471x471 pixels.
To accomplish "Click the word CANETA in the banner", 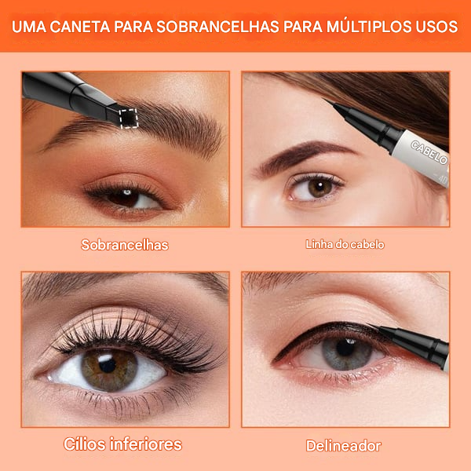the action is (x=80, y=27).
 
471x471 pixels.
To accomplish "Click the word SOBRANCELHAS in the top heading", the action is (x=217, y=27).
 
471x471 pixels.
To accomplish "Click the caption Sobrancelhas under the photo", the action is (x=125, y=245).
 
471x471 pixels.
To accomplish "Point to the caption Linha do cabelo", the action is (x=345, y=244).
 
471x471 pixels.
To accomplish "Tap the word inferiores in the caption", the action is (x=146, y=444).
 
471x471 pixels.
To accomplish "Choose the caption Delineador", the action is (x=343, y=446).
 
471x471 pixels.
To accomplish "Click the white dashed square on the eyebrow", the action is (x=129, y=119).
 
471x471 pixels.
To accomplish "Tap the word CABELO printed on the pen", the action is (x=429, y=152).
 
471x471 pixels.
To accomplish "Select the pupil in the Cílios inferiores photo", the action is (x=108, y=365).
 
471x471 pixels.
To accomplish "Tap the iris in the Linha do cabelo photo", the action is (x=320, y=187).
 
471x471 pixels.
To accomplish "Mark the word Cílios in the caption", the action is (x=85, y=444).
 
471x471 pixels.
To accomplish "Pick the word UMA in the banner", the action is (x=29, y=27).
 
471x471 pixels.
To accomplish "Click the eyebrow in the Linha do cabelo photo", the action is (x=303, y=156).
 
